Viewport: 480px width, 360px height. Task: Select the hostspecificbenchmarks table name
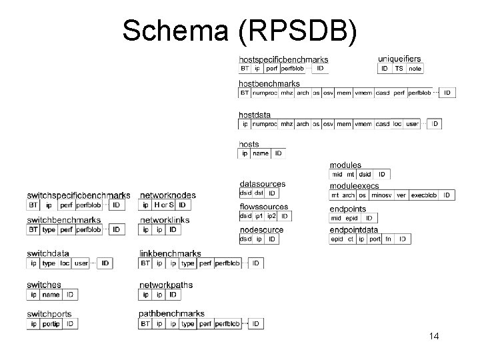tap(283, 59)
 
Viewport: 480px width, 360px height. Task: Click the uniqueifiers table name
tap(399, 59)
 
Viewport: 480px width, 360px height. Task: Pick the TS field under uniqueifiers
tap(399, 68)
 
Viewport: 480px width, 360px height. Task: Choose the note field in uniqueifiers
tap(415, 68)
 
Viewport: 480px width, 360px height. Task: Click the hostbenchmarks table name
tap(269, 84)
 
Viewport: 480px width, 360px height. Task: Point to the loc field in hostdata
tap(397, 124)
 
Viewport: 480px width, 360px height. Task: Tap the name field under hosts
tap(260, 153)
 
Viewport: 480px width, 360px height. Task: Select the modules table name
tap(345, 165)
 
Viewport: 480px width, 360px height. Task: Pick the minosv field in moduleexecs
tap(381, 195)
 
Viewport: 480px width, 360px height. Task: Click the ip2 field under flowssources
tap(271, 216)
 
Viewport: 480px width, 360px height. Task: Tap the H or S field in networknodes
tap(163, 205)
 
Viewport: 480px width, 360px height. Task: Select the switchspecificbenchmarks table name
tap(79, 195)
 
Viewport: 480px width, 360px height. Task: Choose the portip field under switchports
tap(51, 324)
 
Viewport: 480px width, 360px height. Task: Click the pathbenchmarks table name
tap(171, 314)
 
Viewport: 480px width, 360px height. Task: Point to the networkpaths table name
tap(166, 285)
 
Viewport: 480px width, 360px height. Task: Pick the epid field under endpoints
tap(351, 218)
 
